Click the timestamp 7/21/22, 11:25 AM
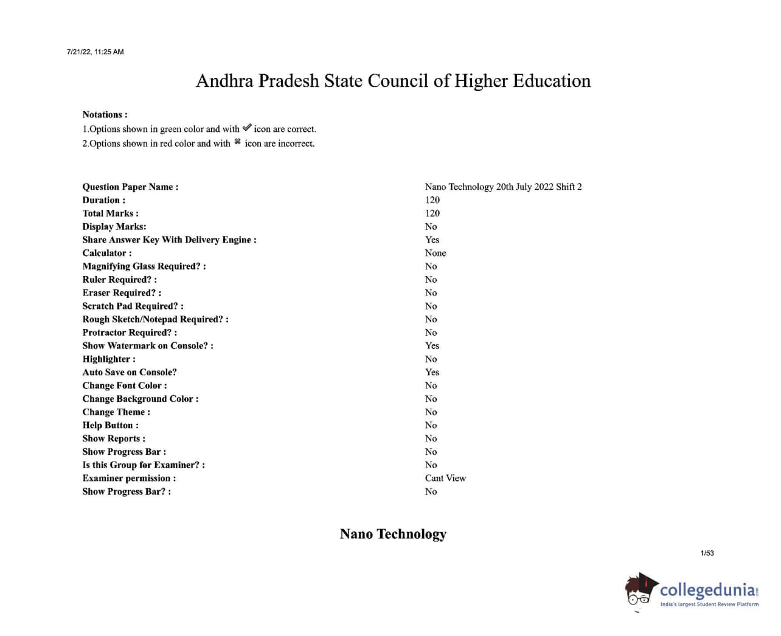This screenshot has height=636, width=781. pyautogui.click(x=95, y=52)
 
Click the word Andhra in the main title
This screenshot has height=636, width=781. pyautogui.click(x=224, y=81)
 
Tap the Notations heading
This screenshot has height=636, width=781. pyautogui.click(x=105, y=114)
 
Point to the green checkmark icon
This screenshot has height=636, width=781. pyautogui.click(x=246, y=128)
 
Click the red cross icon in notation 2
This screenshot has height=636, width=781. pyautogui.click(x=237, y=142)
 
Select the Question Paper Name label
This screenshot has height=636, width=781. pyautogui.click(x=130, y=187)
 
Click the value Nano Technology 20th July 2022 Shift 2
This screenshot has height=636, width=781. pyautogui.click(x=503, y=187)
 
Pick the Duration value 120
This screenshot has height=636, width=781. pyautogui.click(x=432, y=200)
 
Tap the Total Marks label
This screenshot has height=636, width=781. pyautogui.click(x=110, y=213)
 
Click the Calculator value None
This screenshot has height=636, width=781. pyautogui.click(x=435, y=253)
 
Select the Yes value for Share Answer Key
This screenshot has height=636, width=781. pyautogui.click(x=432, y=240)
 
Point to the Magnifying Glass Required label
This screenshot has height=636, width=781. pyautogui.click(x=144, y=266)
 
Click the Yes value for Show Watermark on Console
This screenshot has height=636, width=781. pyautogui.click(x=432, y=345)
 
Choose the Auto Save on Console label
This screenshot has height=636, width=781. pyautogui.click(x=130, y=372)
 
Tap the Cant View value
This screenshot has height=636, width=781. pyautogui.click(x=445, y=478)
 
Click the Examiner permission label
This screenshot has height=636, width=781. pyautogui.click(x=129, y=478)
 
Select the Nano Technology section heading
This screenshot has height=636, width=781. pyautogui.click(x=393, y=534)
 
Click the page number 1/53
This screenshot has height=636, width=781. pyautogui.click(x=707, y=553)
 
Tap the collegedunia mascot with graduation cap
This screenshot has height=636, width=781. pyautogui.click(x=640, y=590)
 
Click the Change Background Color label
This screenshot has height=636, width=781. pyautogui.click(x=140, y=399)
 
